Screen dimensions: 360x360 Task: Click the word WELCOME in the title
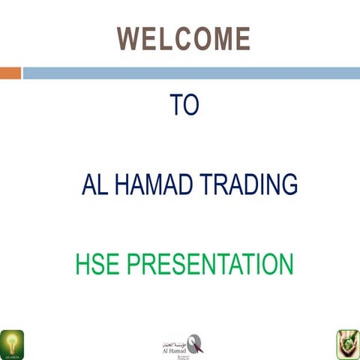tap(183, 38)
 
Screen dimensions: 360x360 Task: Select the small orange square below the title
tap(10, 73)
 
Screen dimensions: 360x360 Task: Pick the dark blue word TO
tap(184, 105)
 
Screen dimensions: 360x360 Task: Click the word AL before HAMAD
tap(94, 184)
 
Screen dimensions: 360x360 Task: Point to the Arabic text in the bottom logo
tap(176, 338)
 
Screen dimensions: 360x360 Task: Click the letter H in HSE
tap(82, 265)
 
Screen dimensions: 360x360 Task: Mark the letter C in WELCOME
tap(179, 38)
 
